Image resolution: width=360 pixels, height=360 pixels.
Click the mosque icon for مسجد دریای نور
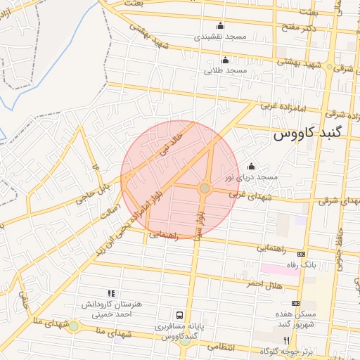251,166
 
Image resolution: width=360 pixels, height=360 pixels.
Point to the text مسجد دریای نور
251,178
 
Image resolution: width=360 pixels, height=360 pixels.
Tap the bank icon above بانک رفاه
302,254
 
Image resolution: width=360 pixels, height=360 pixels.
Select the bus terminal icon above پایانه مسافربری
180,315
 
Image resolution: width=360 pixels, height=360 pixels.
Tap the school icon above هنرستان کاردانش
110,292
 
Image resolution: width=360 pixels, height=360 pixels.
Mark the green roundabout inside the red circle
205,188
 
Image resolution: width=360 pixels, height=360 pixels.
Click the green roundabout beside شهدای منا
73,326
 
